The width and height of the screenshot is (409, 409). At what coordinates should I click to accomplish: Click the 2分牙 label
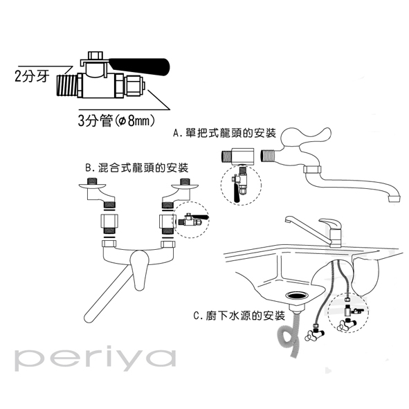[x=32, y=76]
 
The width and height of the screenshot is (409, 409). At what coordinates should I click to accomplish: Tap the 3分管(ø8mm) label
[x=116, y=120]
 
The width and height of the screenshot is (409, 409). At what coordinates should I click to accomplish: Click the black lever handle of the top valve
[x=139, y=67]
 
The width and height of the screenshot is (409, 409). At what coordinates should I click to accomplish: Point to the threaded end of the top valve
[x=67, y=85]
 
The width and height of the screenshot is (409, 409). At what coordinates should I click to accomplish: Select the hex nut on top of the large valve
[x=96, y=55]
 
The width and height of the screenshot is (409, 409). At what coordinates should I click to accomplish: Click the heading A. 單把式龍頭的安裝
[x=225, y=134]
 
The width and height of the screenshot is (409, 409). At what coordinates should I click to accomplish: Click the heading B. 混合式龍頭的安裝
[x=137, y=167]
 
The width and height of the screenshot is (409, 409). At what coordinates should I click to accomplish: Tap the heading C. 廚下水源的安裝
[x=239, y=316]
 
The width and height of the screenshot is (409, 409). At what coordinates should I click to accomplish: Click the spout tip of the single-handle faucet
[x=394, y=199]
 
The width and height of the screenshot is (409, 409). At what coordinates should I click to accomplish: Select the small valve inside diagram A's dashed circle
[x=239, y=184]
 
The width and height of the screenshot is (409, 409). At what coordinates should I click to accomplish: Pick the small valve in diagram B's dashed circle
[x=193, y=219]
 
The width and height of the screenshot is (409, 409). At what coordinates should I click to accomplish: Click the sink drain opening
[x=298, y=296]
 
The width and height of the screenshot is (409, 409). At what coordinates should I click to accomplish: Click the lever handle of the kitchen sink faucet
[x=331, y=224]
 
